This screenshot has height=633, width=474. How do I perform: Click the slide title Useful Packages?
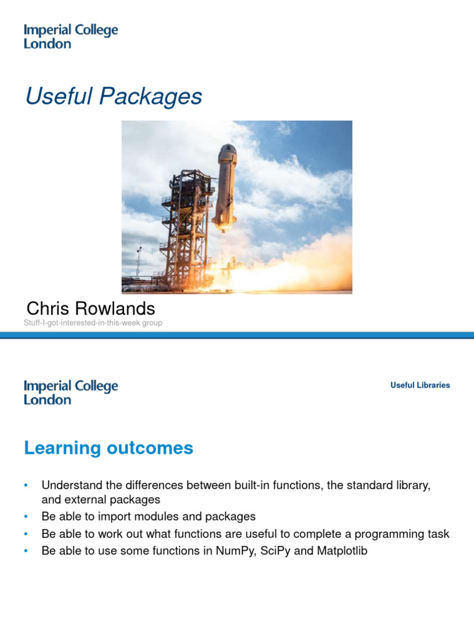114,96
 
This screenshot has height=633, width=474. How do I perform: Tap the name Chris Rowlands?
91,308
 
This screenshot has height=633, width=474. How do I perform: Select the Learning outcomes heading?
109,448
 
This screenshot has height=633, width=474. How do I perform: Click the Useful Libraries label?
420,385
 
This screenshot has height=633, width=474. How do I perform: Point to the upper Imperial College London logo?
70,36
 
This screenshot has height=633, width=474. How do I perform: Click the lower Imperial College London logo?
70,393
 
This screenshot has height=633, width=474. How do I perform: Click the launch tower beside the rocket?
185,229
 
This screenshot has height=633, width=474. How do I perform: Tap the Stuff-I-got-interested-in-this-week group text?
93,323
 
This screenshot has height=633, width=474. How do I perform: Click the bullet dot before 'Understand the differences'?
27,485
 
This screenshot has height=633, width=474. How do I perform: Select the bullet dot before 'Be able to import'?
27,516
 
